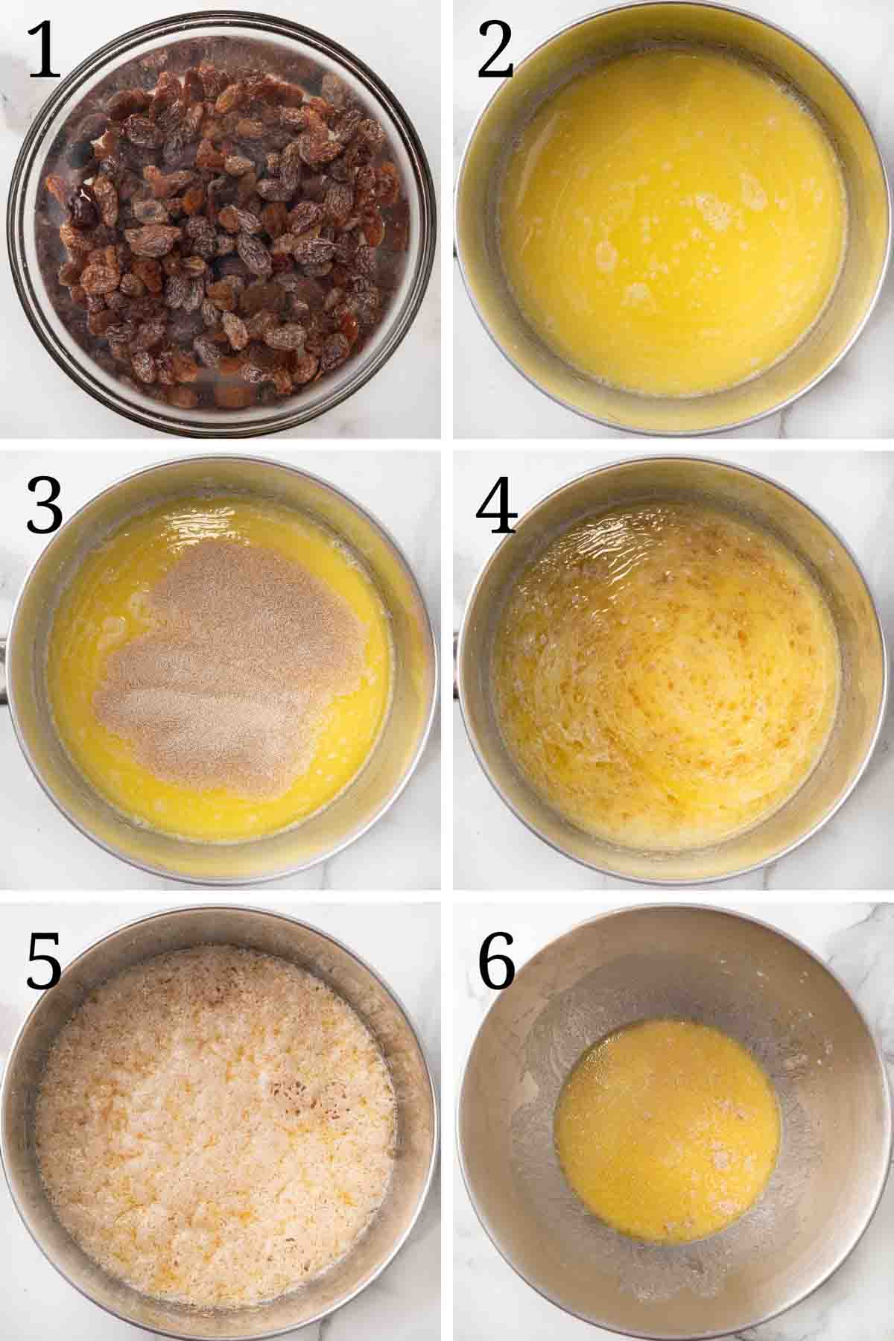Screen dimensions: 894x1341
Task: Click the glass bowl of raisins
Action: tap(223, 223)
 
